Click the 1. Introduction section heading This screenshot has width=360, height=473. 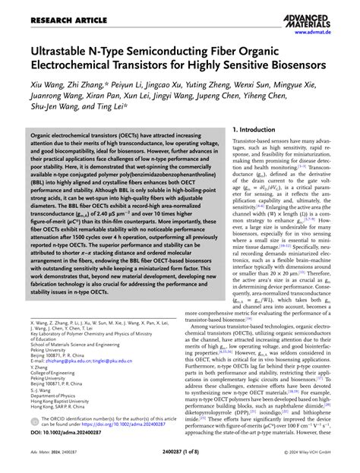point(256,130)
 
